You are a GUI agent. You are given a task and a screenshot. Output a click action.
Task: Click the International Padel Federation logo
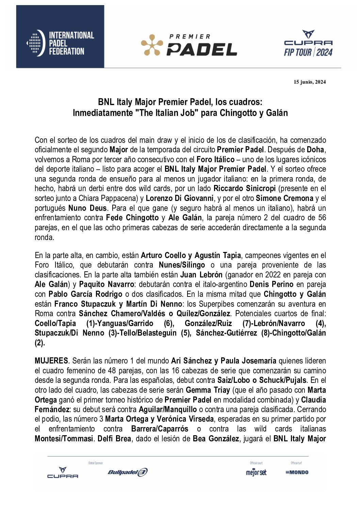(x=60, y=43)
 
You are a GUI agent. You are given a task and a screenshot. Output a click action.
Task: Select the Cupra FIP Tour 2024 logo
(x=308, y=43)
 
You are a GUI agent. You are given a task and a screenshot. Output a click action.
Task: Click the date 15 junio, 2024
(x=310, y=82)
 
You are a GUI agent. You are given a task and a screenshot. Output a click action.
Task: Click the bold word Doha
(x=316, y=150)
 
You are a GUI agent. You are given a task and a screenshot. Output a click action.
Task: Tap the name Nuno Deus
(x=87, y=208)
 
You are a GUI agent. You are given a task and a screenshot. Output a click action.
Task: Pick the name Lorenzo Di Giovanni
(x=180, y=198)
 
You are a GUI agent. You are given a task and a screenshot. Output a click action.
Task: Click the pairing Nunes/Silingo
(x=182, y=265)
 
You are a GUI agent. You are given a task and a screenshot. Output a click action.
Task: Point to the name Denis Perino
(x=271, y=284)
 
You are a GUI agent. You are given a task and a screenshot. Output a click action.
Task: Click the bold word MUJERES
(x=51, y=361)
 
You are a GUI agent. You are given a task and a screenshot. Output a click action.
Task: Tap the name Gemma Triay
(x=208, y=390)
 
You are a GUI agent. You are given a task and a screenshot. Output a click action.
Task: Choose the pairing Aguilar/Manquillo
(x=167, y=409)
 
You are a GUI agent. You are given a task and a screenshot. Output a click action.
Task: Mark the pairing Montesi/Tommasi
(x=64, y=439)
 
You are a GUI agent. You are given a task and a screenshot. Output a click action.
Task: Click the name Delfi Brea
(x=114, y=439)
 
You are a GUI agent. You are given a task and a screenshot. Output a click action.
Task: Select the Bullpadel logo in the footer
(x=128, y=472)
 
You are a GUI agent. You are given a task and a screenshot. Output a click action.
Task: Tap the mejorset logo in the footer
(x=256, y=472)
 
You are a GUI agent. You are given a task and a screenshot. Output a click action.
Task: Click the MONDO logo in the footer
(x=297, y=472)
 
